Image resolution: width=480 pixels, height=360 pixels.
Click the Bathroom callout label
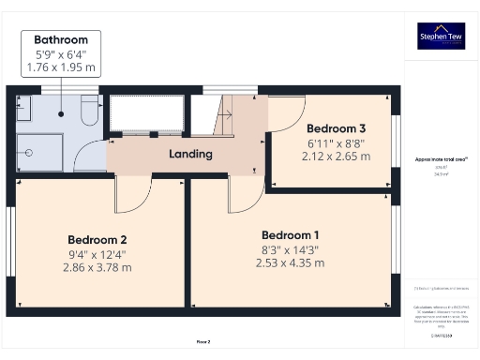click(61, 40)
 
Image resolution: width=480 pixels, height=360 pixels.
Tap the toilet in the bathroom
click(87, 112)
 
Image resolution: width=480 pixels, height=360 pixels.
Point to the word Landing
click(190, 154)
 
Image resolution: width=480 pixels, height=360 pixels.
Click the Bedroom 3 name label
click(335, 128)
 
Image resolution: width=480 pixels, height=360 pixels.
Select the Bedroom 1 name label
click(290, 234)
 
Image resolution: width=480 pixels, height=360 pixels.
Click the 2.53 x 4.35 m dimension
click(290, 262)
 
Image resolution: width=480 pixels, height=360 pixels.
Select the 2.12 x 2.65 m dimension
click(335, 156)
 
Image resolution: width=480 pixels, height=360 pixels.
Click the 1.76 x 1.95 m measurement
click(61, 67)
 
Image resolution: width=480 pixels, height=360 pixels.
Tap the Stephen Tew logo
click(441, 37)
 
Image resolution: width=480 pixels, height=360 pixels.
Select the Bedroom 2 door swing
click(131, 194)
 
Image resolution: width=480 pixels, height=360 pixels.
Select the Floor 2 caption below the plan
click(203, 342)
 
